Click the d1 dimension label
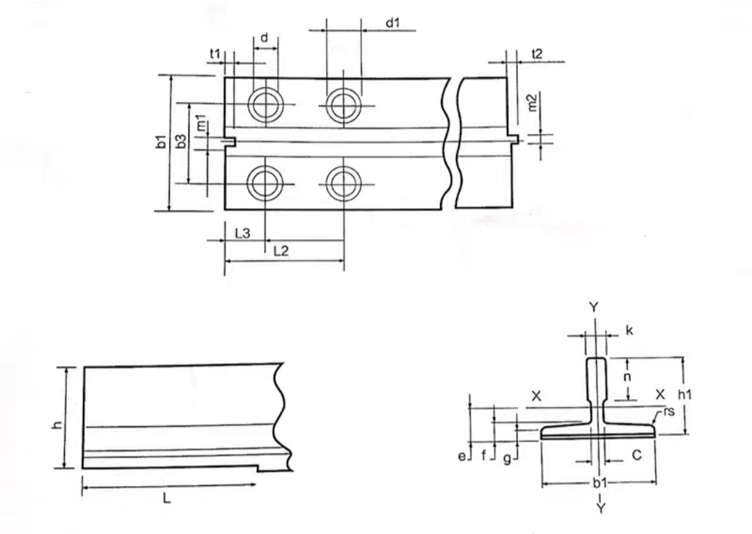point(393,22)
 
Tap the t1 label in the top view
point(215,54)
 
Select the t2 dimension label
point(537,54)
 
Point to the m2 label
point(533,102)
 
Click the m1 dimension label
point(201,123)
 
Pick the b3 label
point(181,141)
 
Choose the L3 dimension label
point(243,234)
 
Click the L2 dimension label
point(281,251)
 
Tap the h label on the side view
point(57,425)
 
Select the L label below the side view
point(166,499)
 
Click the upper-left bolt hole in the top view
point(265,105)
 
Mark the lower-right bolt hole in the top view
point(343,183)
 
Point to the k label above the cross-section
point(629,330)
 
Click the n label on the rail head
point(627,377)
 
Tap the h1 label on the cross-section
point(685,395)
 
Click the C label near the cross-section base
point(637,455)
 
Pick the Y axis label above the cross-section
point(594,307)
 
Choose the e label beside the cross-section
point(462,456)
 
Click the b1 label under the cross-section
point(600,482)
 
